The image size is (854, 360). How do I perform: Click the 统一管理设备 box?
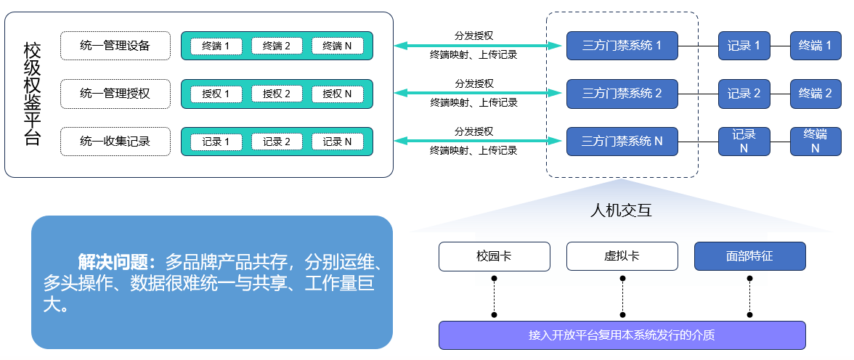pyautogui.click(x=115, y=46)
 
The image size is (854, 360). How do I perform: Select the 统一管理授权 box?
pyautogui.click(x=115, y=94)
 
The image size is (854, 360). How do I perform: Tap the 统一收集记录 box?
pyautogui.click(x=115, y=142)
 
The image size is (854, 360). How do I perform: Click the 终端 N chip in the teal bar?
pyautogui.click(x=337, y=46)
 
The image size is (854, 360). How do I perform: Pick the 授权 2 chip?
pyautogui.click(x=277, y=94)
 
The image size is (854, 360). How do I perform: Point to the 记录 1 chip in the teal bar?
pyautogui.click(x=216, y=142)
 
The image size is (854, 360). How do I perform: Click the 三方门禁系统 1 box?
pyautogui.click(x=622, y=46)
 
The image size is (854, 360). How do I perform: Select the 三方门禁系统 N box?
pyautogui.click(x=622, y=142)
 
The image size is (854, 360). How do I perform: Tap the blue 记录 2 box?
pyautogui.click(x=744, y=94)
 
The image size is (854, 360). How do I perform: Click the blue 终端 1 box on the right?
pyautogui.click(x=816, y=46)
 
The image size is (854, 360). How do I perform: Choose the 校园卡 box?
pyautogui.click(x=495, y=256)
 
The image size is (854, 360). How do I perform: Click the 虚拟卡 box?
pyautogui.click(x=622, y=256)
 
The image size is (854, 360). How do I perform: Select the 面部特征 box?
pyautogui.click(x=749, y=256)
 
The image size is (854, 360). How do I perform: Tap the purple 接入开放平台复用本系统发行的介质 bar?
pyautogui.click(x=622, y=335)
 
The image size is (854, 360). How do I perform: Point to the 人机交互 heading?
pyautogui.click(x=621, y=210)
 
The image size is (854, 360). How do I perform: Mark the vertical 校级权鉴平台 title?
pyautogui.click(x=32, y=94)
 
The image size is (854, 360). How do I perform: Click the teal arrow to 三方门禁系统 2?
pyautogui.click(x=478, y=93)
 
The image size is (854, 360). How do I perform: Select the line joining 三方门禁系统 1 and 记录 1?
pyautogui.click(x=699, y=46)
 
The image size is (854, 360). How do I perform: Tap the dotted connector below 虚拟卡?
pyautogui.click(x=622, y=296)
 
